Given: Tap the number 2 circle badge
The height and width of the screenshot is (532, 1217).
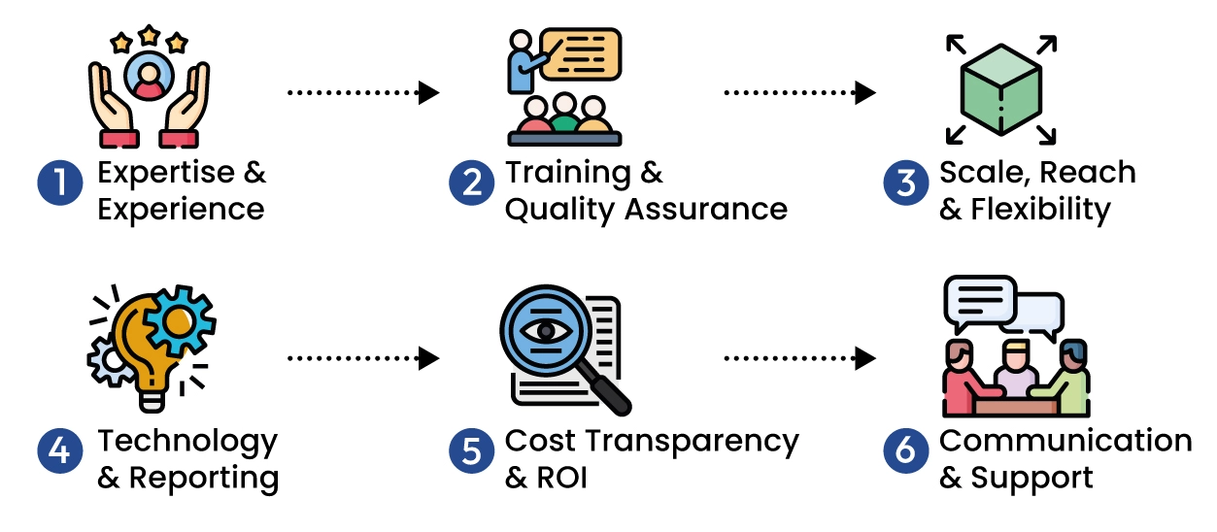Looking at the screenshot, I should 471,183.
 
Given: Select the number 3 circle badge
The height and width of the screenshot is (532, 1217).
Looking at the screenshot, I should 905,183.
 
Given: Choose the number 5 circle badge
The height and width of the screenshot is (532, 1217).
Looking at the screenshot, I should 471,452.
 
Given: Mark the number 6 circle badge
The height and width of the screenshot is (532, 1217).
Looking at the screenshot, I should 905,452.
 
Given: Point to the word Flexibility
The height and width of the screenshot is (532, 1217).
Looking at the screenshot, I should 1039,210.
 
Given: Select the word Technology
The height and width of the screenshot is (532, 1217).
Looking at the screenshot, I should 187,442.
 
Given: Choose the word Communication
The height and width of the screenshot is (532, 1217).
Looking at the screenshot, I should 1065,441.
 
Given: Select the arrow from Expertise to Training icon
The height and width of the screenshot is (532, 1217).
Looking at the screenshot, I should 363,93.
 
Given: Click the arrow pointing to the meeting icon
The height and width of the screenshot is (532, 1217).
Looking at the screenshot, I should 798,359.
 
